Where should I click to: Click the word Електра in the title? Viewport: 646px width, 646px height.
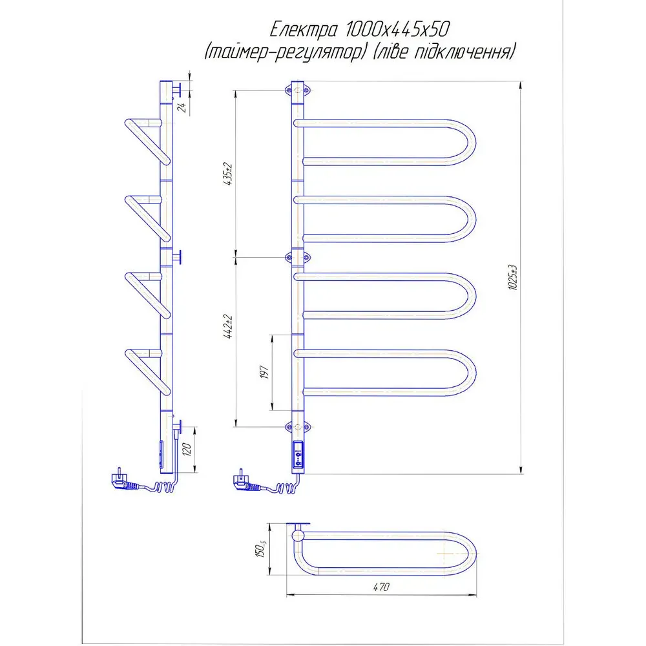[x=304, y=30]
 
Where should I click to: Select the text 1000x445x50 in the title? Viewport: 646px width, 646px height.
[x=397, y=29]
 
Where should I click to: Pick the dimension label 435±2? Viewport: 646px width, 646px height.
[x=228, y=174]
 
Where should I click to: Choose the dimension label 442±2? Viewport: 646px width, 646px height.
[x=228, y=327]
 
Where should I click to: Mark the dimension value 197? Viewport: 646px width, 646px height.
[x=264, y=372]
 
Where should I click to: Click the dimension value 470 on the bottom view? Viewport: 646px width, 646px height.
[x=381, y=587]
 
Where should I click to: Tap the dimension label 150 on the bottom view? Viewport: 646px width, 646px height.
[x=261, y=549]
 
